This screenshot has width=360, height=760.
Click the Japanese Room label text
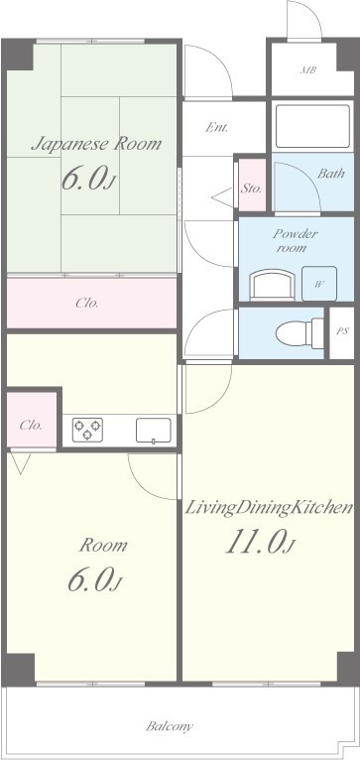(x=96, y=144)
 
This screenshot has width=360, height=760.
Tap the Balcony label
(x=170, y=726)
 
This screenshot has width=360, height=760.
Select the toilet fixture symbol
(x=300, y=333)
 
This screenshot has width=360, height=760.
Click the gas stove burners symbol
(x=87, y=430)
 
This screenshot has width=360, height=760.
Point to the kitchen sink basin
(x=153, y=430)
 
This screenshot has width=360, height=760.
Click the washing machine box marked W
(x=318, y=284)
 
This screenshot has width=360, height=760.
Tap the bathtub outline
(x=312, y=126)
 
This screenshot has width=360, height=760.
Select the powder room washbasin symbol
(x=272, y=284)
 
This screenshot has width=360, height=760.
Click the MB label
(x=308, y=70)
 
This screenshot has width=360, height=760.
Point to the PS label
(x=342, y=332)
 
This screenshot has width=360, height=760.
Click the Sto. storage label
(x=251, y=189)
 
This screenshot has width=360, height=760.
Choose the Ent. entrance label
(x=216, y=128)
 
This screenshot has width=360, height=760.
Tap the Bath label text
(x=331, y=173)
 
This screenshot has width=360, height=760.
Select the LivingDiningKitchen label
(x=269, y=508)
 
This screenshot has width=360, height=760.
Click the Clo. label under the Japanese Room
(x=87, y=304)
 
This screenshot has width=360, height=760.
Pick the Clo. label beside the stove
(x=31, y=426)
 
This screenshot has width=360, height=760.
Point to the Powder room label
(x=296, y=241)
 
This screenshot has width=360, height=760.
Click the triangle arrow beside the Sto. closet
(x=222, y=197)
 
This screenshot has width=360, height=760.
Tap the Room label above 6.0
(x=103, y=545)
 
